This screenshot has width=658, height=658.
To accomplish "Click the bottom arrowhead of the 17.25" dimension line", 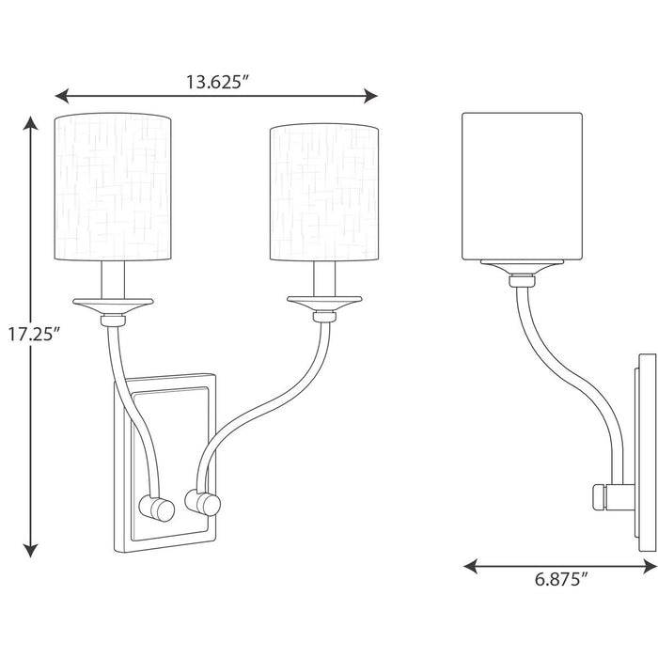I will pos(33,553).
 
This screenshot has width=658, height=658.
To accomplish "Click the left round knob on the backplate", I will pos(161,509).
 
